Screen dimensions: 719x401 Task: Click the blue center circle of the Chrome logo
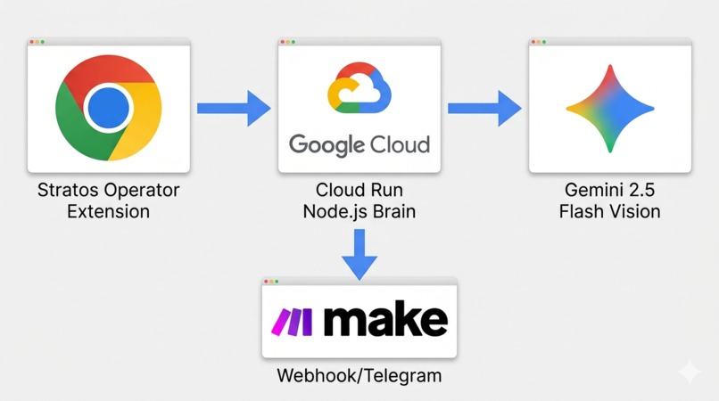click(108, 108)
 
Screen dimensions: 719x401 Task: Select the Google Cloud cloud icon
click(359, 87)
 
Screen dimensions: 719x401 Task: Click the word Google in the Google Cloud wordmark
click(326, 145)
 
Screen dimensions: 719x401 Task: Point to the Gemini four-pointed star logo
click(610, 109)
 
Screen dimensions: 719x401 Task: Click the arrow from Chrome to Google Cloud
click(234, 108)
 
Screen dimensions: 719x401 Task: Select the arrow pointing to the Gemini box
click(484, 108)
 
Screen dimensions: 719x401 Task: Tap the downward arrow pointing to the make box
click(359, 254)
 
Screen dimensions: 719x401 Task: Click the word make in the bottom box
click(385, 319)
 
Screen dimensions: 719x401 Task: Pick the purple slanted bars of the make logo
click(292, 322)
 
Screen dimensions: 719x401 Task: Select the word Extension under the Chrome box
click(108, 211)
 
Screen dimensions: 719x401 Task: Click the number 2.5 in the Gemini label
click(641, 190)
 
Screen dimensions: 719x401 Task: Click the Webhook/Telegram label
click(359, 376)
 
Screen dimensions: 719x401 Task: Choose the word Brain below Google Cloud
click(394, 211)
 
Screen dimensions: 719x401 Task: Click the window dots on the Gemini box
click(538, 42)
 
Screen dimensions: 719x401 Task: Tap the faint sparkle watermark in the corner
click(690, 372)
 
